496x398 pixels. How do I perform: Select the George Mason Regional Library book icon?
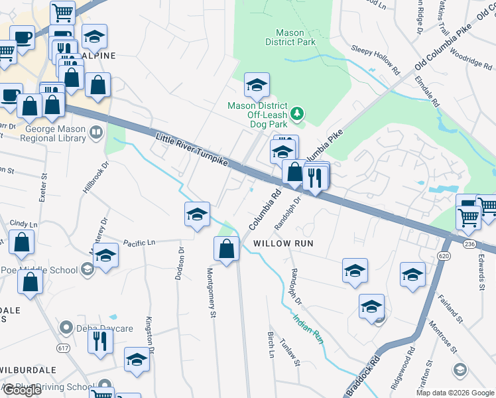[96, 133]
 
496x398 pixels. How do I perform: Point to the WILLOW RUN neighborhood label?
[283, 243]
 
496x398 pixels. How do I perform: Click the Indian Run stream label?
[308, 329]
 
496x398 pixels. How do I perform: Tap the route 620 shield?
[444, 255]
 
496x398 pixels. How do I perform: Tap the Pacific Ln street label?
[139, 243]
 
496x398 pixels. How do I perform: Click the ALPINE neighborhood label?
[99, 56]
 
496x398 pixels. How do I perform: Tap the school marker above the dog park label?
[257, 84]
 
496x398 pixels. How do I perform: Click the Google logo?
[22, 390]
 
